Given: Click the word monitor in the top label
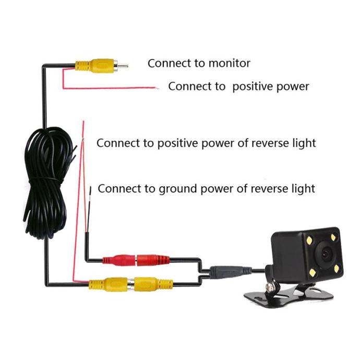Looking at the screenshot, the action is click(230, 63).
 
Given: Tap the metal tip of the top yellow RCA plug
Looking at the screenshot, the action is click(123, 66).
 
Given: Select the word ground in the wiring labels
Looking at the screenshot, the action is click(178, 189).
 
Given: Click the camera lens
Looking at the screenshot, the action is click(326, 254).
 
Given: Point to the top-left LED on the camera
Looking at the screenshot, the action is click(309, 241).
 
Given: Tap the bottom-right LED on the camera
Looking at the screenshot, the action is click(337, 268).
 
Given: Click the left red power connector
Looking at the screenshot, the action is click(119, 260).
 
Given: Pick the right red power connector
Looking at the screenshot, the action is click(153, 260).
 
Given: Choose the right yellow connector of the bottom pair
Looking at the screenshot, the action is click(153, 284).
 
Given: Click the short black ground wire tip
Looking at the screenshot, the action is click(90, 190).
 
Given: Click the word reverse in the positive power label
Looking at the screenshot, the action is click(270, 143).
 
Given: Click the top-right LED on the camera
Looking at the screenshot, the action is click(333, 236).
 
